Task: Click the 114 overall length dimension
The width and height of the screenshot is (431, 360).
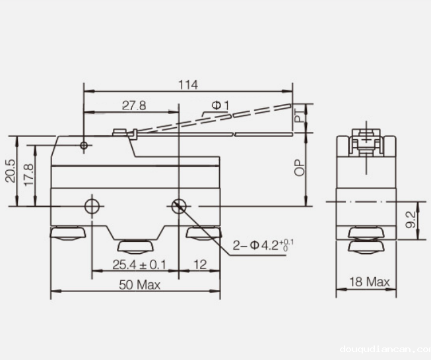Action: [188, 84]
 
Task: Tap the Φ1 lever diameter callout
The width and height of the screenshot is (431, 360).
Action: [220, 105]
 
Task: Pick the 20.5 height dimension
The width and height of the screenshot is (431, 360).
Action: [9, 171]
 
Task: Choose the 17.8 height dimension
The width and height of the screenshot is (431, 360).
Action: [28, 175]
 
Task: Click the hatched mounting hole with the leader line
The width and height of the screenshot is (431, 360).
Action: [178, 206]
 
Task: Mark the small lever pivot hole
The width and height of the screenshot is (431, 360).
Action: [84, 145]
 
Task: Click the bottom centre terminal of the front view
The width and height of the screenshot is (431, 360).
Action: [135, 247]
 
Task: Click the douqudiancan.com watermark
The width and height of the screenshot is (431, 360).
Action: [383, 350]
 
